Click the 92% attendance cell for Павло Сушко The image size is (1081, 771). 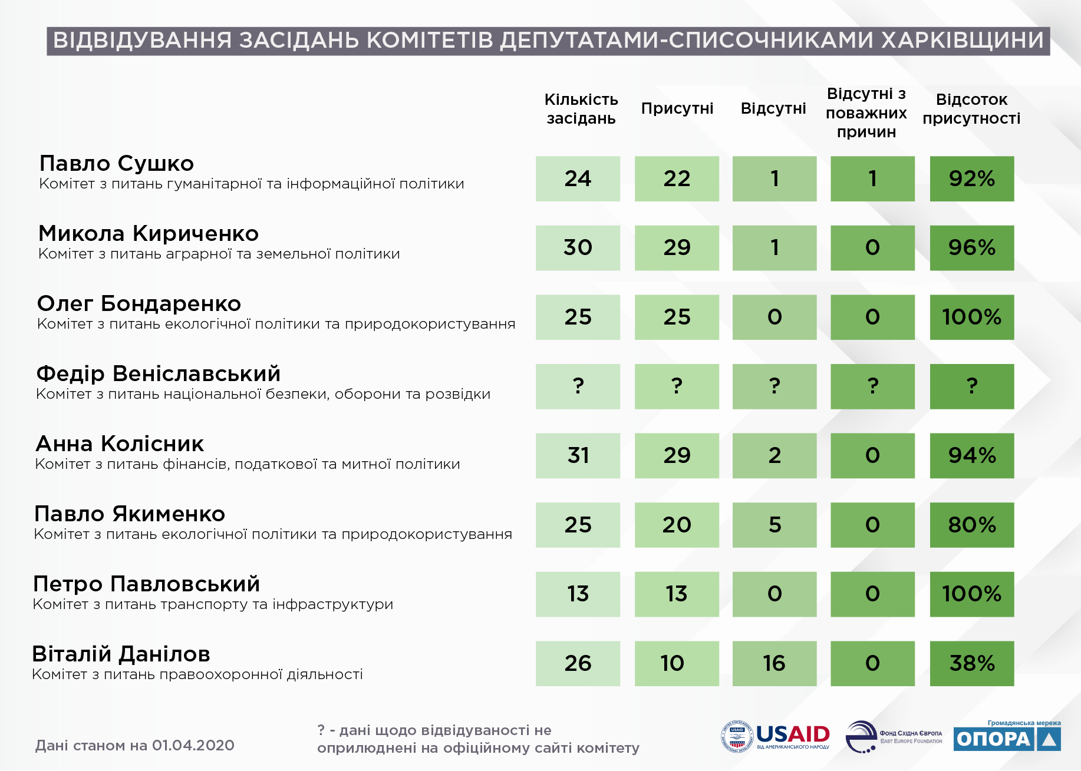tap(972, 178)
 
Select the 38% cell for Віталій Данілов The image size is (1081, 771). tap(972, 663)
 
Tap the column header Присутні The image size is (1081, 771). tap(677, 108)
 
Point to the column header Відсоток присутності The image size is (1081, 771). tap(971, 109)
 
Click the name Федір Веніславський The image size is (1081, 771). tap(159, 373)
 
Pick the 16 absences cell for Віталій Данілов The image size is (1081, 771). tap(775, 663)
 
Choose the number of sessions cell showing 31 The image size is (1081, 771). tap(578, 455)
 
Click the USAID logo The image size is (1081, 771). tap(775, 736)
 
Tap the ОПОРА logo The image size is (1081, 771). tap(1007, 736)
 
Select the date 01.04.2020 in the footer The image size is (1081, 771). tap(193, 746)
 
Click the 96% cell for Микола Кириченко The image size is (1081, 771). tap(972, 248)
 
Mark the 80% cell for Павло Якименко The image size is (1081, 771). tap(972, 525)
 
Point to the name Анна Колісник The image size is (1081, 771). tap(120, 444)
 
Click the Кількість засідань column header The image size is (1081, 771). tap(581, 109)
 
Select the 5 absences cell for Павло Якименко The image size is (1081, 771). tap(775, 525)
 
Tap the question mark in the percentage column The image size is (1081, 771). tap(972, 386)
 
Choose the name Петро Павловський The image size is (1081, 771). tap(147, 584)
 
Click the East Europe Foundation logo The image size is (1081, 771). tap(894, 736)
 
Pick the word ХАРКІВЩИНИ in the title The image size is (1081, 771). tap(963, 40)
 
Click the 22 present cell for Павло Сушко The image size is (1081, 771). tap(677, 178)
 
